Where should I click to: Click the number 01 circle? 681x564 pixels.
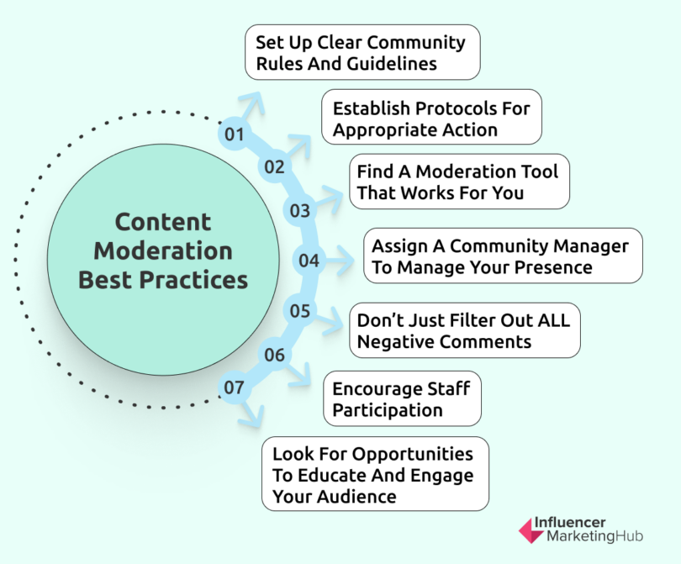(234, 134)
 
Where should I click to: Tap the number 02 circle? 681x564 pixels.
(275, 166)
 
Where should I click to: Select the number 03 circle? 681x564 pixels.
(300, 211)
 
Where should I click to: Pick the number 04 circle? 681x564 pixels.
(309, 261)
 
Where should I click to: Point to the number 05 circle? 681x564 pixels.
(300, 311)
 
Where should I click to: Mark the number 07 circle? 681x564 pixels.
(234, 388)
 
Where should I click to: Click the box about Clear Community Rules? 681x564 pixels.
(362, 52)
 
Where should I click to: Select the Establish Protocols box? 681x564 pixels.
(432, 118)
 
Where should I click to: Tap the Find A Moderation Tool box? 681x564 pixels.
(459, 182)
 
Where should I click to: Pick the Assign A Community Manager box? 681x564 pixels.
(502, 256)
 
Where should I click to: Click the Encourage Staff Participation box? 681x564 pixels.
(402, 398)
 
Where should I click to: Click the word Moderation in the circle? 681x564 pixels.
(163, 250)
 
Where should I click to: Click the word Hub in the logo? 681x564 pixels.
(626, 536)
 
